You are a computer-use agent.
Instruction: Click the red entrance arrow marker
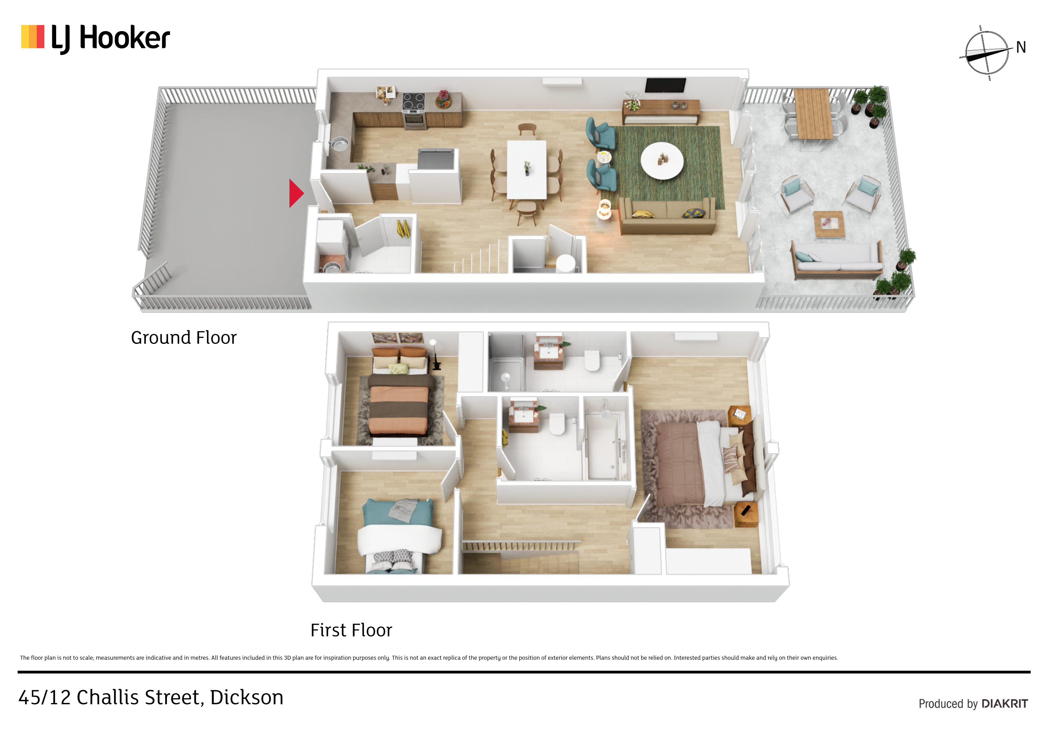pos(296,193)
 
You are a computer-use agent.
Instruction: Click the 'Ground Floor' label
pos(183,338)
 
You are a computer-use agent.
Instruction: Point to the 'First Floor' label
pos(351,630)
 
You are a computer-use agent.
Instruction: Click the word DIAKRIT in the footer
pos(1005,704)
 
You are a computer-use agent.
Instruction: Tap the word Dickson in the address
pos(246,698)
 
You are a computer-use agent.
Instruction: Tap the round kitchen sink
pos(339,144)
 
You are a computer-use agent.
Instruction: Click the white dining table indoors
pos(527,169)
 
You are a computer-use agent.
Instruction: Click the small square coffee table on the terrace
pos(829,224)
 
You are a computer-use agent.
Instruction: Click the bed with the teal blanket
pos(399,535)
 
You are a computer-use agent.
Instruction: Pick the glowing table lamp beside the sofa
pos(604,210)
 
